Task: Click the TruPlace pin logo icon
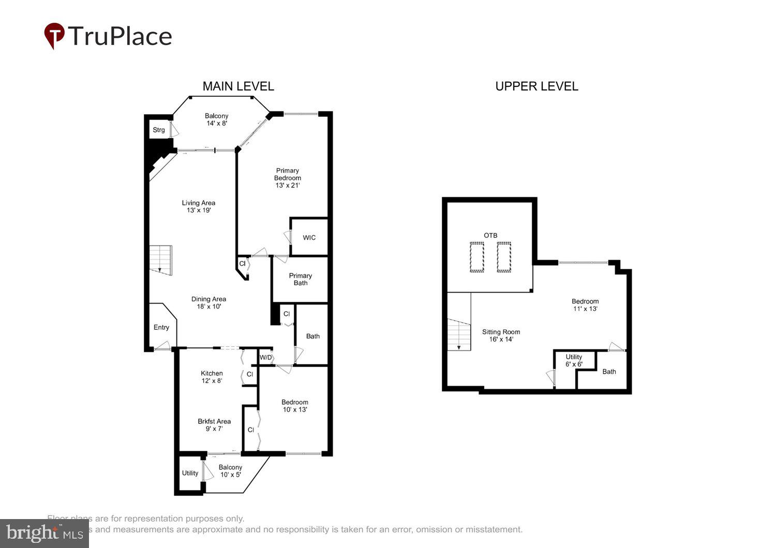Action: click(x=54, y=36)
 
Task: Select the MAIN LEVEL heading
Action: click(x=238, y=86)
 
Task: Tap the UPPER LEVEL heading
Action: click(x=536, y=86)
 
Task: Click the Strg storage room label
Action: click(x=159, y=130)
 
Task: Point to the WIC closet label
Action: click(x=309, y=238)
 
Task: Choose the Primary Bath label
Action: click(x=301, y=279)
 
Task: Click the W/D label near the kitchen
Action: click(x=265, y=357)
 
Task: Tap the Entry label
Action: click(x=161, y=327)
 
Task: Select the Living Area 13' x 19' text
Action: click(x=199, y=206)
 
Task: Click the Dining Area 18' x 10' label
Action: click(x=208, y=302)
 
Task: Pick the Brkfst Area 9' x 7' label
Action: click(x=214, y=424)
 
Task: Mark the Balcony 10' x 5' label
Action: click(x=230, y=471)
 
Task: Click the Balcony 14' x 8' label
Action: click(x=216, y=119)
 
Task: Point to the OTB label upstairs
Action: click(x=490, y=235)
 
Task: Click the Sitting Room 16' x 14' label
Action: click(x=501, y=336)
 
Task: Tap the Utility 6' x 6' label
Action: click(x=574, y=360)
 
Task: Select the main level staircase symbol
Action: click(x=160, y=260)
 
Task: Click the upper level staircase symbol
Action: click(x=459, y=334)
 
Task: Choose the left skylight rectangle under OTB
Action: click(x=476, y=257)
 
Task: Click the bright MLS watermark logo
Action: click(x=44, y=533)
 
